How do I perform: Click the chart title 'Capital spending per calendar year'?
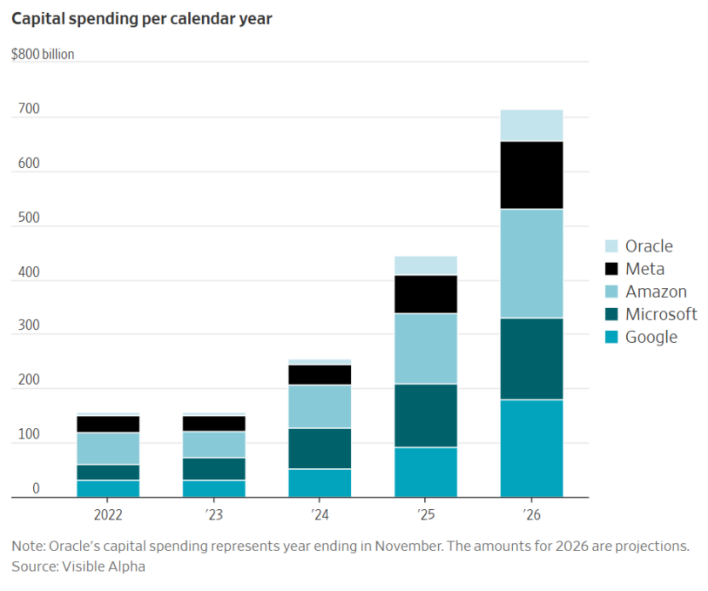141,18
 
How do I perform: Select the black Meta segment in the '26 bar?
532,175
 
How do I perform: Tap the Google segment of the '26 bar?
532,448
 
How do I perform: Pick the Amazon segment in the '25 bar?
426,349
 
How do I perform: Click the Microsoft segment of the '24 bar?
320,449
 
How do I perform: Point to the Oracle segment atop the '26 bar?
532,125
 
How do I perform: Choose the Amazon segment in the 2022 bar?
108,449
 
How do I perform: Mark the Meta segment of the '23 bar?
214,424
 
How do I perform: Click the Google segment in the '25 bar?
426,472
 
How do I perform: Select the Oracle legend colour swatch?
611,246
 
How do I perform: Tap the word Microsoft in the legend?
661,314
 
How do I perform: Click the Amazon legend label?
655,292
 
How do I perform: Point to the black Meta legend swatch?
611,269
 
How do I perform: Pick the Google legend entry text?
651,337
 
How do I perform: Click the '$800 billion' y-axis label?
43,55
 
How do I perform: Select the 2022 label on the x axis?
108,515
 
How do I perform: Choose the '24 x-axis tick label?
320,515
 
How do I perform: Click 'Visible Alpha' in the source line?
103,566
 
